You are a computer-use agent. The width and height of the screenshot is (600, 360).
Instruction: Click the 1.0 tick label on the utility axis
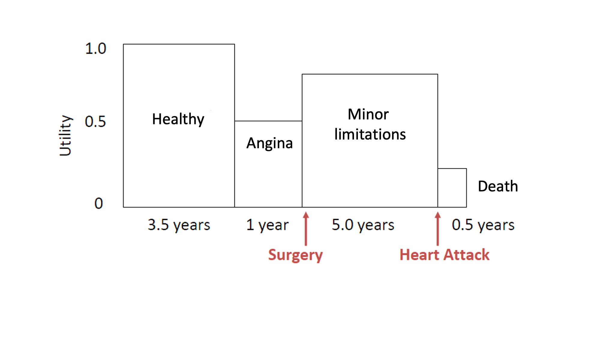pos(96,49)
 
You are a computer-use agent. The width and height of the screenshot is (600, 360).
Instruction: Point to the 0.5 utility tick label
pos(95,122)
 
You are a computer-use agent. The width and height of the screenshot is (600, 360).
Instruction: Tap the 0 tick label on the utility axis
pos(99,203)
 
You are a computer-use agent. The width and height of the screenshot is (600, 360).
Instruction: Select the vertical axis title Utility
pos(65,136)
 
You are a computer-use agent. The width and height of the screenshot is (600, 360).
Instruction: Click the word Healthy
pos(178,119)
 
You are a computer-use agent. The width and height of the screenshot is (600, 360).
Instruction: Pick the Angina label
pos(269,143)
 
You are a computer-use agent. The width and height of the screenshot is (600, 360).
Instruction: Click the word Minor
pos(368,114)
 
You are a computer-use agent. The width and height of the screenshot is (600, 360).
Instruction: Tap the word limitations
pos(370,134)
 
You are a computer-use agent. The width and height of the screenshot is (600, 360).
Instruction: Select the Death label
pos(498,186)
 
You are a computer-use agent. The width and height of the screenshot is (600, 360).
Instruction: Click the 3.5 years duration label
pos(179,225)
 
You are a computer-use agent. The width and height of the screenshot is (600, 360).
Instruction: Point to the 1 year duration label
pos(267,225)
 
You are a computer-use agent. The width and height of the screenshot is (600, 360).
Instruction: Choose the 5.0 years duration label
pos(363,225)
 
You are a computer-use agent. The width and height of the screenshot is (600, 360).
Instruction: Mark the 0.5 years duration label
pos(483,225)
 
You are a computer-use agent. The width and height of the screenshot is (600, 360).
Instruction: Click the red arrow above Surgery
pos(306,229)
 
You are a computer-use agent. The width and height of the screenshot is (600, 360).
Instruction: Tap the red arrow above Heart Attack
pos(438,229)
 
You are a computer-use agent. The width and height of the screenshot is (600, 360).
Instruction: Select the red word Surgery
pos(295,255)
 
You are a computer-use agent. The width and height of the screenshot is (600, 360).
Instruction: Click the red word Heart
pos(420,255)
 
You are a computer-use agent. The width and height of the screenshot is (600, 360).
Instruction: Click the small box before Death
pos(452,188)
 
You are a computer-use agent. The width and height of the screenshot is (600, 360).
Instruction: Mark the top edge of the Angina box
pos(268,121)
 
